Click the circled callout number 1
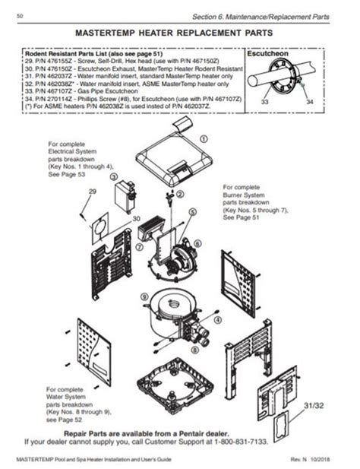204,139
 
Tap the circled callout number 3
114,176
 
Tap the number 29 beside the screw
93,191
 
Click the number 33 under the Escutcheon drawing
264,100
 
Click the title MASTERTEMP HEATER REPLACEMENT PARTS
180,35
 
